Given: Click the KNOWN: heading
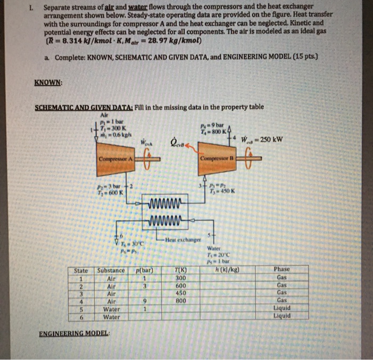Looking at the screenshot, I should click(48, 83).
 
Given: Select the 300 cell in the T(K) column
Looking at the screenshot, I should click(180, 277).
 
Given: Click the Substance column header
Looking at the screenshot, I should click(110, 270).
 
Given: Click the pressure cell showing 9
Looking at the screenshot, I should click(144, 300).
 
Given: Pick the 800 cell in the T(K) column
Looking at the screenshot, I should click(180, 300).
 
